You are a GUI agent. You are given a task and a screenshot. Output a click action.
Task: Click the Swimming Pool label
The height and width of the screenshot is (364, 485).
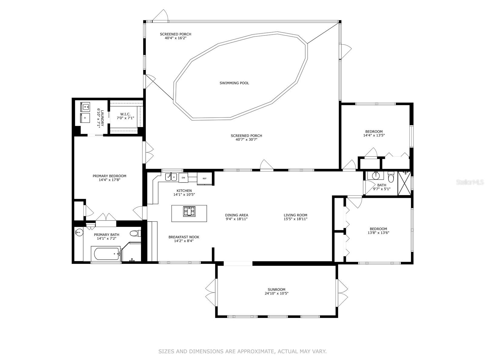[234, 83]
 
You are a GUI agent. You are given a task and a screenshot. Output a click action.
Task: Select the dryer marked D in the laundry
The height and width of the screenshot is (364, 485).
[85, 118]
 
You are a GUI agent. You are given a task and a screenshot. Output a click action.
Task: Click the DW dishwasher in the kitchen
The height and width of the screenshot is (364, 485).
[183, 178]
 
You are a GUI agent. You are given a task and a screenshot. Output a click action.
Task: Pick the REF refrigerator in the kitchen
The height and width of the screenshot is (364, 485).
[205, 178]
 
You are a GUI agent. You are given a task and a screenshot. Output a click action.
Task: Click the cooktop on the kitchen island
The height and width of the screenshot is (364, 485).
[189, 211]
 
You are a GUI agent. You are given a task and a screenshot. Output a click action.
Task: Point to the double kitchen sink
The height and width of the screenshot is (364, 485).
[171, 177]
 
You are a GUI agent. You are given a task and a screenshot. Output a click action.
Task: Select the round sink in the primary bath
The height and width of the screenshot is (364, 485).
[79, 232]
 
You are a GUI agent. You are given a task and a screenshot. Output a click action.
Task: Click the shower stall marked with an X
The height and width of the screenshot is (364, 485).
[404, 183]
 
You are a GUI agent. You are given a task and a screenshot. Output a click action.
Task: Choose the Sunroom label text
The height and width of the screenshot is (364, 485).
[276, 289]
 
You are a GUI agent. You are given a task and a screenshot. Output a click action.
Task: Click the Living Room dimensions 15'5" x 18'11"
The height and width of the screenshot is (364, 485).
[296, 219]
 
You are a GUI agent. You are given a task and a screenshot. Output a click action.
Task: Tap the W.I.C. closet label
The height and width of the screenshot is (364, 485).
[125, 114]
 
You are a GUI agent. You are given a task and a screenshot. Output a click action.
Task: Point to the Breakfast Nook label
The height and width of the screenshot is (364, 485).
[184, 237]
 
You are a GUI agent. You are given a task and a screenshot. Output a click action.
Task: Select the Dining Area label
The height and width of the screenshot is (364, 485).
[237, 215]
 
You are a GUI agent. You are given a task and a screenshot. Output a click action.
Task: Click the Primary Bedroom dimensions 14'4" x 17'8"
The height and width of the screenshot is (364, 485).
[109, 180]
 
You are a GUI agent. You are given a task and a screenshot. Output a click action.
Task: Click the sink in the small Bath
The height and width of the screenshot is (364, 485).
[375, 176]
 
